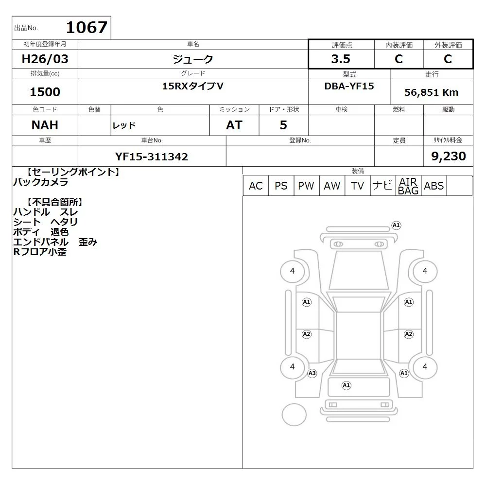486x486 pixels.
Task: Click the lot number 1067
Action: [x=87, y=27]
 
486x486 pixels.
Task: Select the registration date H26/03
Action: [x=45, y=59]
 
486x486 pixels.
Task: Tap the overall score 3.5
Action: [x=341, y=59]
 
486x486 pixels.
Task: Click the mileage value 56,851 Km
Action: [x=431, y=92]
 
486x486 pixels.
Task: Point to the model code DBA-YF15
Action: [x=349, y=86]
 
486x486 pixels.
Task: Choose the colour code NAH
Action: [x=45, y=125]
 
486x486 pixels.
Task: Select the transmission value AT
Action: [x=234, y=125]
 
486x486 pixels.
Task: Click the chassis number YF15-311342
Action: [x=152, y=156]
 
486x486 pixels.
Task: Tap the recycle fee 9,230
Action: [x=449, y=156]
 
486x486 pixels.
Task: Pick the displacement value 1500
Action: [x=45, y=92]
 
